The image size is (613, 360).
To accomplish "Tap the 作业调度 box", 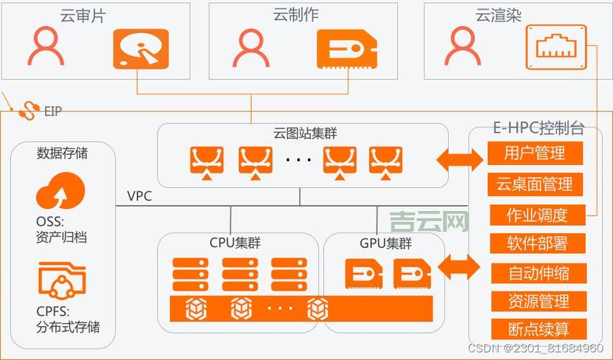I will point(537,215).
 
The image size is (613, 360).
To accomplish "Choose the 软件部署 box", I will point(537,243).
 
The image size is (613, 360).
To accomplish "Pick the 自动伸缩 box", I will point(537,274).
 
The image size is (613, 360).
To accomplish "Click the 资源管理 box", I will point(537,302).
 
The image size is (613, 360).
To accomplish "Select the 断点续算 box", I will point(537,330).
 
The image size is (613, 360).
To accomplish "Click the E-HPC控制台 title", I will point(537,130).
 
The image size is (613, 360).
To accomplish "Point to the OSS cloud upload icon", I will point(61,193).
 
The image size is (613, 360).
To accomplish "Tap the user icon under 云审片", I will point(46,48).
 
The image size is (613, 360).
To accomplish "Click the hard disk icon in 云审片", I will point(140,49).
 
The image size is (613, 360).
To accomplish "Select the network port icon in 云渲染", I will point(557,48).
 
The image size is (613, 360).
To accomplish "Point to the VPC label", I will point(140,197).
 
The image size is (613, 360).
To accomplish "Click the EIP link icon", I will point(28,110).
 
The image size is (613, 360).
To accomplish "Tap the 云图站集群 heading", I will point(304,133).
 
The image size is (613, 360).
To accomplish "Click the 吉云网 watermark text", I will point(429,221).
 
